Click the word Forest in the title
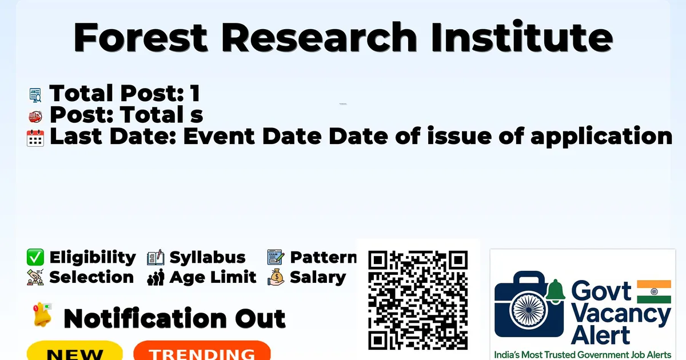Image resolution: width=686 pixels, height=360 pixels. tap(141, 37)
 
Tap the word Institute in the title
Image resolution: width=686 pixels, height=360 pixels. tap(522, 36)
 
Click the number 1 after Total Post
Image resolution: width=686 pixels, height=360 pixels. tap(195, 93)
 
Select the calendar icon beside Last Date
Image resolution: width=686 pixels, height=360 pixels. tap(35, 138)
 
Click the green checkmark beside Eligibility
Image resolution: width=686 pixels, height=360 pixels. tap(35, 257)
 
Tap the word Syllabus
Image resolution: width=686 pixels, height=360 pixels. tap(208, 258)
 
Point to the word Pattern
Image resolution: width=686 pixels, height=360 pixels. tap(324, 257)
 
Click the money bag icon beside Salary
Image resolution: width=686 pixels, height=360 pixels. tap(276, 277)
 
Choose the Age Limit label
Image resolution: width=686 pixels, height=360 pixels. tap(213, 277)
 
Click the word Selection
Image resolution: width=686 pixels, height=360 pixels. tap(91, 277)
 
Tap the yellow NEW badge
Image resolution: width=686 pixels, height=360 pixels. tap(75, 351)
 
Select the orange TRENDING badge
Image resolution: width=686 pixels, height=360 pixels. tap(202, 351)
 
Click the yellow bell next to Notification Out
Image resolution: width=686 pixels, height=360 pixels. tap(42, 315)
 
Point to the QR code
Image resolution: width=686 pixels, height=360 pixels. tap(418, 300)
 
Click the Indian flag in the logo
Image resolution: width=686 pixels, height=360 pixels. tap(654, 292)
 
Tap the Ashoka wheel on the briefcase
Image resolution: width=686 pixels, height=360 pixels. tap(529, 310)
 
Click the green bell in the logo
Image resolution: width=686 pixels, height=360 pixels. tap(555, 290)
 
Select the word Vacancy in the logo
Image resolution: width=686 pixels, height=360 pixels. tap(621, 315)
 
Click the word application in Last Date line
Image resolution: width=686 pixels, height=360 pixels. tap(601, 137)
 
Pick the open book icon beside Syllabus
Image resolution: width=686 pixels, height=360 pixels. tap(155, 258)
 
